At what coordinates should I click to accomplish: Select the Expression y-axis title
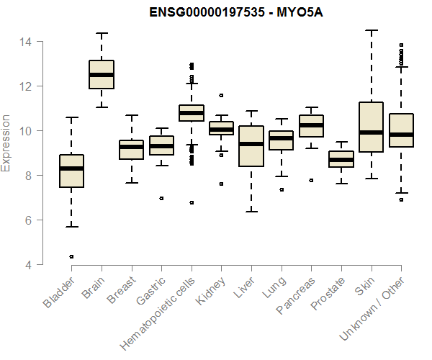pos(7,143)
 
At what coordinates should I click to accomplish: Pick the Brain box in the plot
pos(102,75)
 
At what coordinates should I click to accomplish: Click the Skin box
pos(371,127)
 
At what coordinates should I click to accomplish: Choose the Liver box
pos(251,146)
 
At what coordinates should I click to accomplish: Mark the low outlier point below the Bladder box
pos(71,256)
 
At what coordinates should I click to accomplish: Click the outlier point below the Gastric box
pos(161,198)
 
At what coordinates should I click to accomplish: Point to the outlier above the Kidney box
pos(221,95)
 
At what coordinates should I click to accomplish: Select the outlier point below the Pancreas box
pos(311,181)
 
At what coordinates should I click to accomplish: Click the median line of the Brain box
pos(102,74)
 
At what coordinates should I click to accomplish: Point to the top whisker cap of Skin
pos(371,30)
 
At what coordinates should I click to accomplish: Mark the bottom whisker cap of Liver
pos(251,212)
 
